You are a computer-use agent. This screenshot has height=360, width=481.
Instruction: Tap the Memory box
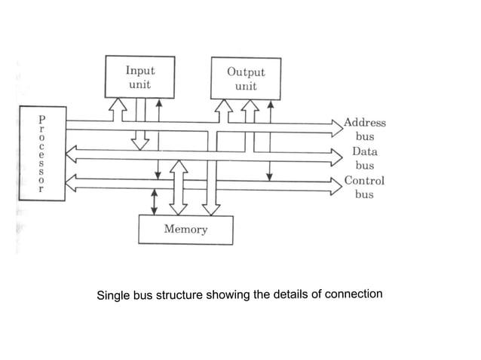tap(185, 229)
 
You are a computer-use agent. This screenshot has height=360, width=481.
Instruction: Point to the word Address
tap(364, 122)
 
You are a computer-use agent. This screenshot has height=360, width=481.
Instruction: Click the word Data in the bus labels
tap(364, 151)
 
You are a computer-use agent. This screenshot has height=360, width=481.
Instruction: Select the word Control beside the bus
tap(364, 181)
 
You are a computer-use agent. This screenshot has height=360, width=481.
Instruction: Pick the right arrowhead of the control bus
tap(336, 184)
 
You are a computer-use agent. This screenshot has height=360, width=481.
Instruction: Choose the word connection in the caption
tap(354, 293)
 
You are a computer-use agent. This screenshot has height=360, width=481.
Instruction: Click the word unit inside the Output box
tap(245, 87)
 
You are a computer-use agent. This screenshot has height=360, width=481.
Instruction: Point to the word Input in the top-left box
tap(139, 70)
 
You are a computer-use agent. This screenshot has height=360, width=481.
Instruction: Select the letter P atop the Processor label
tap(42, 119)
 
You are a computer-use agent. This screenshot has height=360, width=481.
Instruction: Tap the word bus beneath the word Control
tap(364, 194)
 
